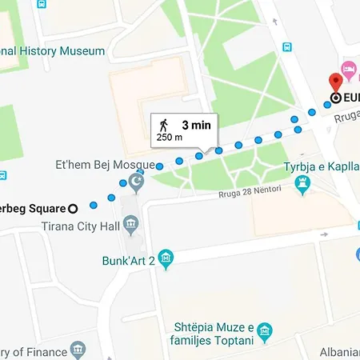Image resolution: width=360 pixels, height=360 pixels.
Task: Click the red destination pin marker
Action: coord(336,80)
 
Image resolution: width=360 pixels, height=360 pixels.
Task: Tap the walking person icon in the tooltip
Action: coord(164,124)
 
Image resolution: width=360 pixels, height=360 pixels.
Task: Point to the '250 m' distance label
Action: coord(168,138)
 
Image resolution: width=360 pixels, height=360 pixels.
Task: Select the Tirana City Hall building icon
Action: coord(132,222)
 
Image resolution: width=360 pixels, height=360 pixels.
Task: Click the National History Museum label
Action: coord(53,51)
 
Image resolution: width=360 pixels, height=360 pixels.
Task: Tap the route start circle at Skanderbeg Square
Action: coord(73,208)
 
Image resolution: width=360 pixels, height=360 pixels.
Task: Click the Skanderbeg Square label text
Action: coord(32,208)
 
